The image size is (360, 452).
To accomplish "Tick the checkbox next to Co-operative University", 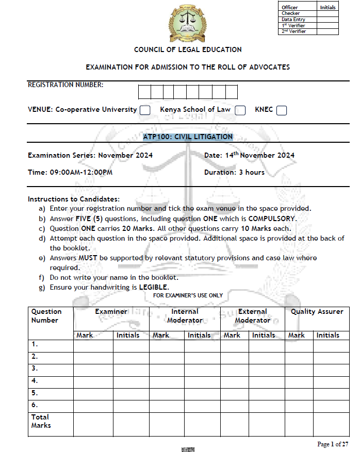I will pyautogui.click(x=145, y=110).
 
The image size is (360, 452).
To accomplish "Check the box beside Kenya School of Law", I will pyautogui.click(x=240, y=110).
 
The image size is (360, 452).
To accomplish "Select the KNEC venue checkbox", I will pyautogui.click(x=281, y=110).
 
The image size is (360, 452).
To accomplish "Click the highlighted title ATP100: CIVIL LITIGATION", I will pyautogui.click(x=188, y=137).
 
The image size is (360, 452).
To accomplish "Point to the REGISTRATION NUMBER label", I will pyautogui.click(x=66, y=85).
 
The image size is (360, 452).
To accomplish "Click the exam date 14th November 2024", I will pyautogui.click(x=250, y=155).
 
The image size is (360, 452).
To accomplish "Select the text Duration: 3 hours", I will pyautogui.click(x=234, y=172).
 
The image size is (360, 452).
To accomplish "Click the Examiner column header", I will pyautogui.click(x=111, y=312).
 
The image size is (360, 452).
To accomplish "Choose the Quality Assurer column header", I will pyautogui.click(x=317, y=312).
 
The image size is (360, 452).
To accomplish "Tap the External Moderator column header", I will pyautogui.click(x=253, y=316).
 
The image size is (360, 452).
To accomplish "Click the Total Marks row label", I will pyautogui.click(x=41, y=421).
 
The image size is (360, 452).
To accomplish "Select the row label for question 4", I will pyautogui.click(x=35, y=381).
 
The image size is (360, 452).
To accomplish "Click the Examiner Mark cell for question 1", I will pyautogui.click(x=93, y=344).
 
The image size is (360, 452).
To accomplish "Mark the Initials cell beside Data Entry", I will pyautogui.click(x=328, y=20).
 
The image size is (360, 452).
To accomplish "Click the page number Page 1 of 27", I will pyautogui.click(x=333, y=444).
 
